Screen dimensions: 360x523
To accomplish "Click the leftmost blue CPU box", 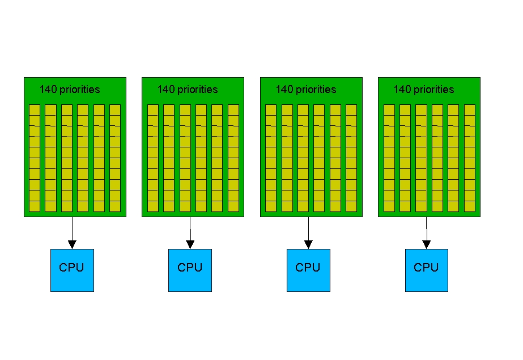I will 72,270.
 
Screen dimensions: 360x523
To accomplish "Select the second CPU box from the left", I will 190,270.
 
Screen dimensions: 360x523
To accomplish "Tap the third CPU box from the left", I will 308,270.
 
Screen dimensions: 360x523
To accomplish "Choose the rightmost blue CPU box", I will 426,270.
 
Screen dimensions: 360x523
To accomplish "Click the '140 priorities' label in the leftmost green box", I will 70,90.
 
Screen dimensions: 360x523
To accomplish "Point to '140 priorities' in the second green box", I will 188,90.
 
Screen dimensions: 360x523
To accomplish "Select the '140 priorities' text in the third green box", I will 306,90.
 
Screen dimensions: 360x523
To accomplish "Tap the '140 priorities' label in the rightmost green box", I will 424,90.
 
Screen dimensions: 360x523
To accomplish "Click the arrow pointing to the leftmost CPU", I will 72,232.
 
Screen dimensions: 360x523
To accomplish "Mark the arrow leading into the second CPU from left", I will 190,232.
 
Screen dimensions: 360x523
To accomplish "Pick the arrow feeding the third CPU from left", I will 308,232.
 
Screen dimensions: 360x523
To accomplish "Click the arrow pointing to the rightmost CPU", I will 427,232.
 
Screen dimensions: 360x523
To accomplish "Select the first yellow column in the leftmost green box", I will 35,158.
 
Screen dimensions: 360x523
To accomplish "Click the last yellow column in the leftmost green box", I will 115,158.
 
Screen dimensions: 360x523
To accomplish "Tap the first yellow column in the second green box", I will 152,158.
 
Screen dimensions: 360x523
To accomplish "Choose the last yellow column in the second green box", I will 233,158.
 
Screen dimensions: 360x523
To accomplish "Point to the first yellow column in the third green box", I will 271,158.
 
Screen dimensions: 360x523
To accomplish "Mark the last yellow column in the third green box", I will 351,158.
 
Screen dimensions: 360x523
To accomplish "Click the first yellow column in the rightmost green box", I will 389,158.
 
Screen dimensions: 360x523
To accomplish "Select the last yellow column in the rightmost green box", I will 470,158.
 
